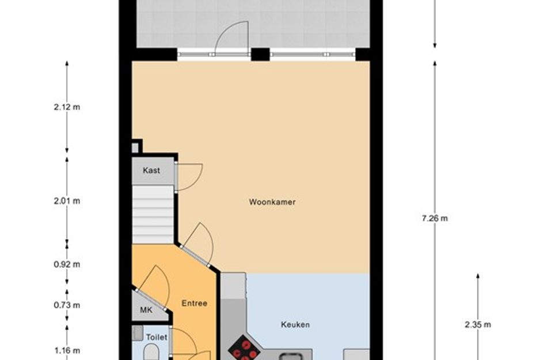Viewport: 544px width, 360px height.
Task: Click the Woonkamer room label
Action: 272,202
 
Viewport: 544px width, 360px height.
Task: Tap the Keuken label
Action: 295,324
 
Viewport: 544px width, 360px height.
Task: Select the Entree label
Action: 194,304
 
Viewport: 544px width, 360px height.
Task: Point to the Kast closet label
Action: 151,170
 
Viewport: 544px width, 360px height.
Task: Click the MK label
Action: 146,310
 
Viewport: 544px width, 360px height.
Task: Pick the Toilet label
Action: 156,337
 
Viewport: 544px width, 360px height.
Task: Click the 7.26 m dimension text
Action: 435,218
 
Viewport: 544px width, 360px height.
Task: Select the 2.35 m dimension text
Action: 478,324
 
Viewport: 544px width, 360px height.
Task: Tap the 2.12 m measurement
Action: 67,107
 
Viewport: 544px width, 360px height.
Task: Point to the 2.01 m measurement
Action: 67,201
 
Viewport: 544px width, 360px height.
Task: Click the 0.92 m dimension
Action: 67,264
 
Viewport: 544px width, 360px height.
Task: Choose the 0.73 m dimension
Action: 67,305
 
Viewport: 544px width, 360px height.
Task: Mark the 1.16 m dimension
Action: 67,350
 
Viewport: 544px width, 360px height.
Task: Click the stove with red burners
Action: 244,350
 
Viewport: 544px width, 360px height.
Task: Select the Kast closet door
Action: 189,177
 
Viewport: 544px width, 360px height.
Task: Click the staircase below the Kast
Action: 153,214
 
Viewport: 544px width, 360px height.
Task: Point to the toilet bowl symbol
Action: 150,353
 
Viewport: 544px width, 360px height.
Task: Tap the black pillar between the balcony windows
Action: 260,54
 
